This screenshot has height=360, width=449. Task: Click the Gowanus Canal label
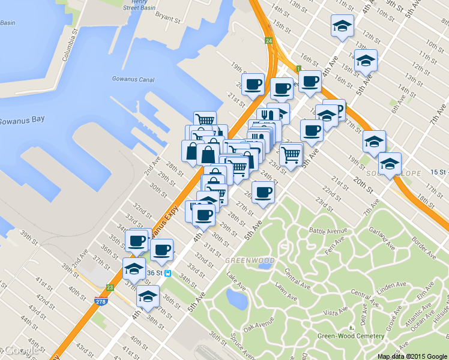[x=133, y=79]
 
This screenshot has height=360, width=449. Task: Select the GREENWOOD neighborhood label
[x=250, y=260]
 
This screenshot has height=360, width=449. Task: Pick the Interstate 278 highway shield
[x=100, y=301]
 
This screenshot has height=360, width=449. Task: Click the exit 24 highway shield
[x=269, y=41]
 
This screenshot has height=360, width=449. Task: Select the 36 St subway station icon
[x=169, y=273]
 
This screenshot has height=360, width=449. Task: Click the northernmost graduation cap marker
[x=342, y=26]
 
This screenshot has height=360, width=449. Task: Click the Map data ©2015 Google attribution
[x=412, y=356]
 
